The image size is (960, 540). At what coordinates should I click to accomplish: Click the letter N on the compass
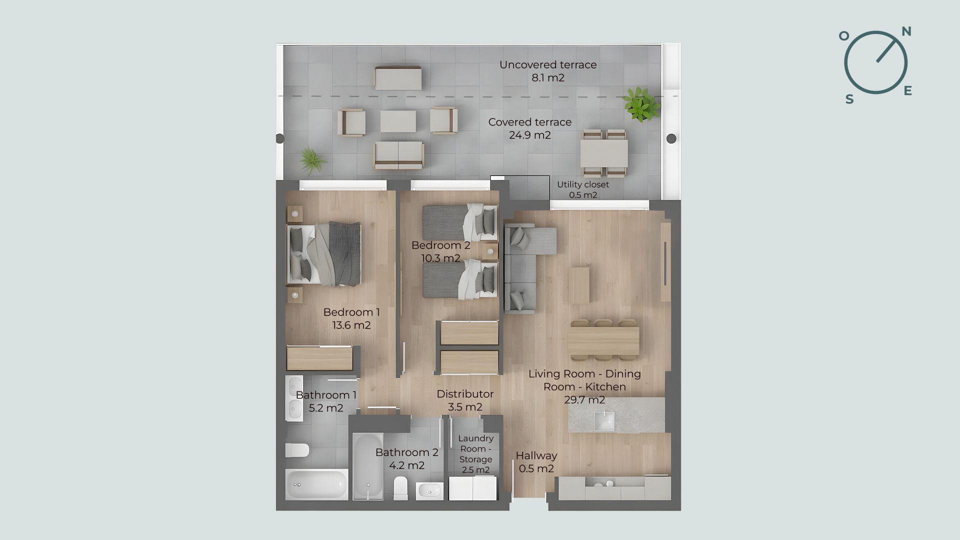tap(906, 32)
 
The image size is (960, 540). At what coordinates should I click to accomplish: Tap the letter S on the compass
tap(849, 99)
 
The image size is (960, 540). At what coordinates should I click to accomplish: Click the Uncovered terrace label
tap(548, 64)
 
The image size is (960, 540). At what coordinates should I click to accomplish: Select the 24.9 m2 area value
tap(530, 135)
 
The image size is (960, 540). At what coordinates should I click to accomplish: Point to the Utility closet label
tap(583, 184)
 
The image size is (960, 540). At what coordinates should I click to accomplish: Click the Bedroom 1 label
tap(351, 312)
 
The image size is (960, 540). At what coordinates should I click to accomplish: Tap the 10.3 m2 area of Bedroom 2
tap(440, 258)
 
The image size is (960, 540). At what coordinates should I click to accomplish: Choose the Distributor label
tap(465, 394)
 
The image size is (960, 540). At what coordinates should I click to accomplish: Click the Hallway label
tap(536, 456)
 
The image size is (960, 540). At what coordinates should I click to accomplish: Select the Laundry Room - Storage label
tap(476, 449)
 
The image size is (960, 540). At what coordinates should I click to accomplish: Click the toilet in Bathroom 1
tap(296, 450)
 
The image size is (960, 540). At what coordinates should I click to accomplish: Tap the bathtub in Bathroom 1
tap(317, 484)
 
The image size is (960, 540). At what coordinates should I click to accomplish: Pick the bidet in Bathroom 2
tap(429, 491)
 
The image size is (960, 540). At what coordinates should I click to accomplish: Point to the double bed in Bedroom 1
tap(323, 254)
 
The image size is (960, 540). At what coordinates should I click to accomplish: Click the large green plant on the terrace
tap(640, 104)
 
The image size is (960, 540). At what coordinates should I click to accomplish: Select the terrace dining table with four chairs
tap(604, 153)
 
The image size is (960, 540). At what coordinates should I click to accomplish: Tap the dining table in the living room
tap(604, 340)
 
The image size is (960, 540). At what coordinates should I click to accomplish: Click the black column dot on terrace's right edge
tap(671, 138)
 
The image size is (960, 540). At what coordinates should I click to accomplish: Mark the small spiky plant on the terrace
tap(313, 160)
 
